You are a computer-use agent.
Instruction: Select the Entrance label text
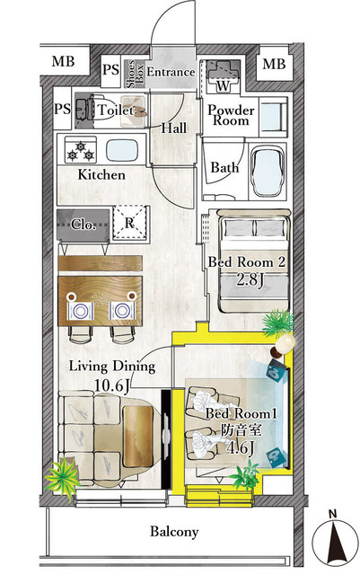171,72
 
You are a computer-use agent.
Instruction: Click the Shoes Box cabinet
132,71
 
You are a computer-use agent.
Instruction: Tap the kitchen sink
122,147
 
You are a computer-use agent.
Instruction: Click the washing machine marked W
220,77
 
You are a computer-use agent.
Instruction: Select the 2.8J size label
248,280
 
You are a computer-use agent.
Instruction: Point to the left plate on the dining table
81,309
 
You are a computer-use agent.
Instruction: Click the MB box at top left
62,63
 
